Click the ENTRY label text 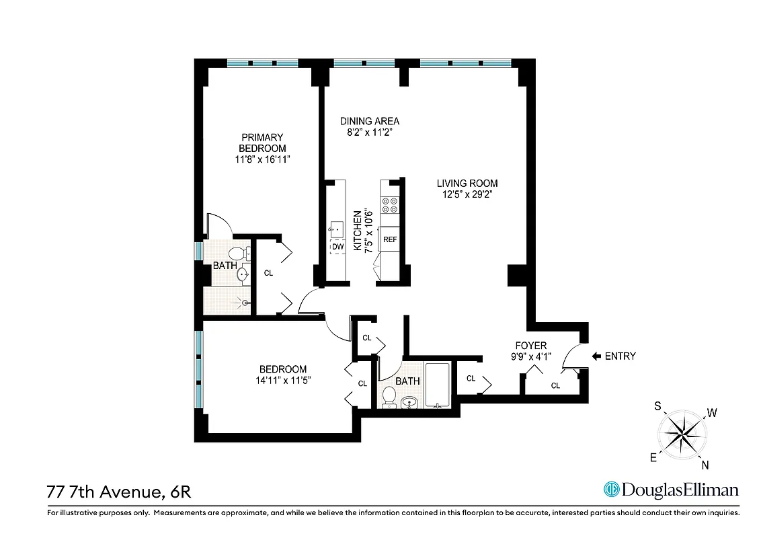coord(620,356)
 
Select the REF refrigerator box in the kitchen coord(390,239)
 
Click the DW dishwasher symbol coord(337,247)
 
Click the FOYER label coord(531,346)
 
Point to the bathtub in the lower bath coord(438,385)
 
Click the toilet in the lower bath coord(389,397)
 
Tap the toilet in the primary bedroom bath coord(237,254)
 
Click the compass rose coord(682,433)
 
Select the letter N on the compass coord(705,464)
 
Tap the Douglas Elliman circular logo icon coord(611,489)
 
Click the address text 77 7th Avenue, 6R coord(119,492)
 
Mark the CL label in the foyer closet coord(555,386)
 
